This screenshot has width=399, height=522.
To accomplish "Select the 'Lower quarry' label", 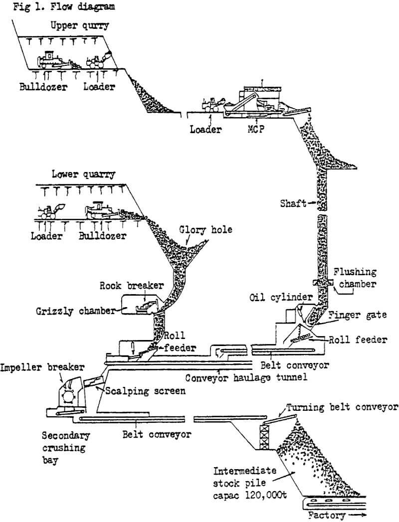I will tap(83, 174).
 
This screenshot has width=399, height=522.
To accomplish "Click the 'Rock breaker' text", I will tap(125, 286).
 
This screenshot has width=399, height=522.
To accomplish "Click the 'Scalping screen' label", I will tap(144, 391).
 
